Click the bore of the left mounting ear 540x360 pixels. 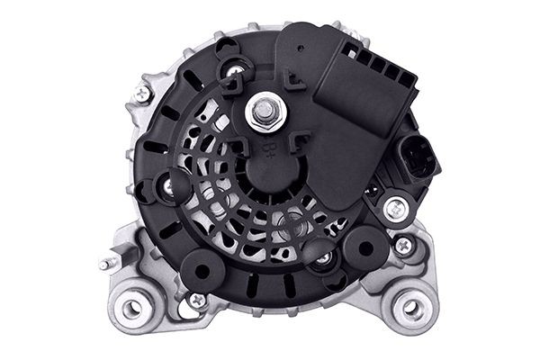132,309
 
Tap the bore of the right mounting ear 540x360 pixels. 411,308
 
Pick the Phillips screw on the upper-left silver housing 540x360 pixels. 142,93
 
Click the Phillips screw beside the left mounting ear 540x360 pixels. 196,300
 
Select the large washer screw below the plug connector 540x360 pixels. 393,209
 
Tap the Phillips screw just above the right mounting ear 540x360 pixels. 404,243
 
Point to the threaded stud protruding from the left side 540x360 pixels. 106,264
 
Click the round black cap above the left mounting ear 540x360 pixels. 200,270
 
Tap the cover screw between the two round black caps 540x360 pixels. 323,258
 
